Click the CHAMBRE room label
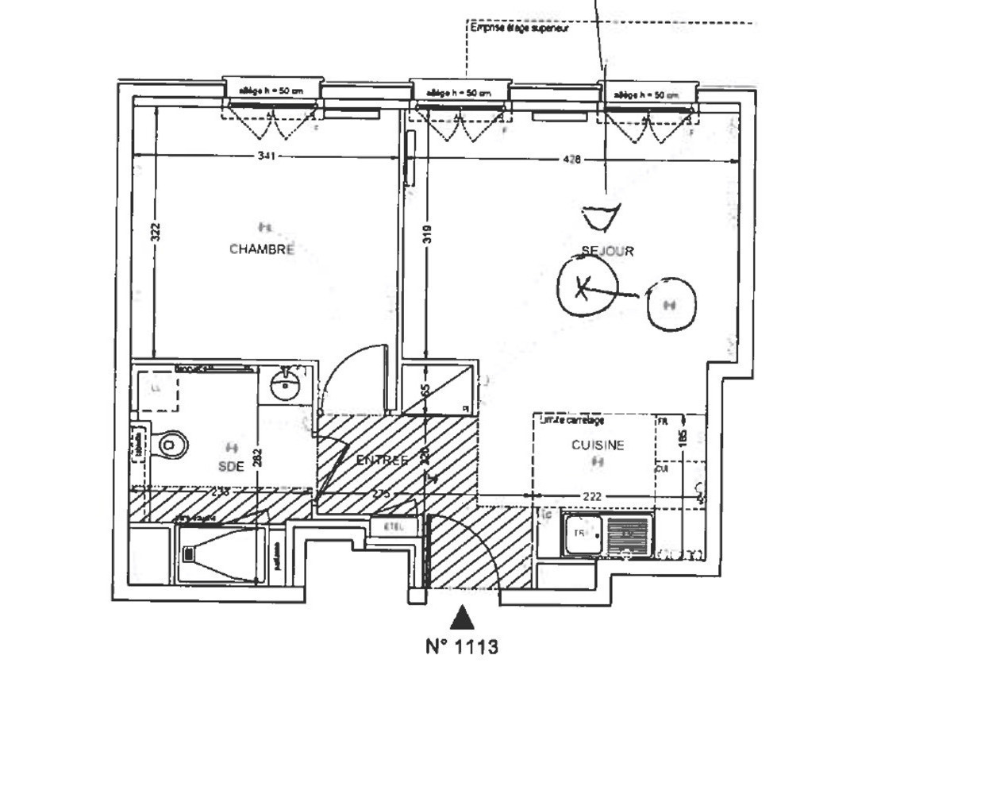pyautogui.click(x=262, y=249)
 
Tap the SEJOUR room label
pyautogui.click(x=608, y=251)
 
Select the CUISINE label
pyautogui.click(x=598, y=445)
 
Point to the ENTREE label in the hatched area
pyautogui.click(x=383, y=461)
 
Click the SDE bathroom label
pyautogui.click(x=231, y=467)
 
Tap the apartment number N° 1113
pyautogui.click(x=462, y=647)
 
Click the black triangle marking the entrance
pyautogui.click(x=462, y=617)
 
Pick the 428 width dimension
pyautogui.click(x=571, y=160)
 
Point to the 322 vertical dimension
pyautogui.click(x=156, y=231)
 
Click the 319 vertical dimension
pyautogui.click(x=427, y=234)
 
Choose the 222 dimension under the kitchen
pyautogui.click(x=592, y=496)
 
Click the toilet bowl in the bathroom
pyautogui.click(x=171, y=445)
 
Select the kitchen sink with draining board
pyautogui.click(x=608, y=534)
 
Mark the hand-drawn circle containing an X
pyautogui.click(x=586, y=287)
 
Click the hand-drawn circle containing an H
pyautogui.click(x=671, y=303)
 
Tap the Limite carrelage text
pyautogui.click(x=571, y=420)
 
